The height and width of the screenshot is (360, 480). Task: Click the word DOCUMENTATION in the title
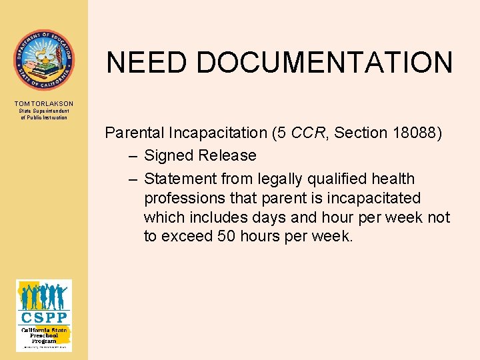[x=325, y=63]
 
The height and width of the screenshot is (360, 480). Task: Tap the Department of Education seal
[x=44, y=59]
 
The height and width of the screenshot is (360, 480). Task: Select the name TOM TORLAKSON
[x=44, y=104]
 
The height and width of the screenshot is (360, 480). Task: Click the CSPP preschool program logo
[x=44, y=315]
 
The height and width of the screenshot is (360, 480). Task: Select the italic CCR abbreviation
[x=309, y=133]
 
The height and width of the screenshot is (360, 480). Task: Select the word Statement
[x=176, y=179]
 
